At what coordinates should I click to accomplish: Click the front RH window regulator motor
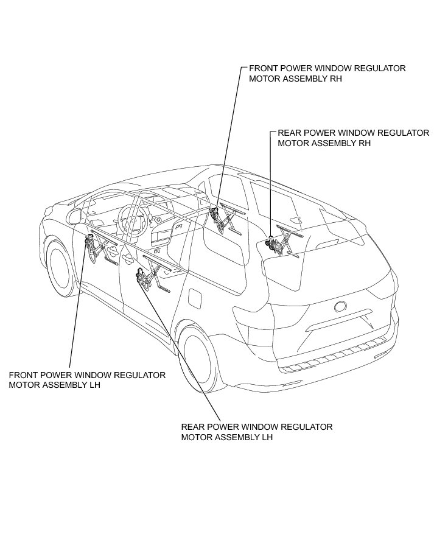[215, 214]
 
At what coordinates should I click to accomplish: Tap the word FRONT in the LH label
[23, 375]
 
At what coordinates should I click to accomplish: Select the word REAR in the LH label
[193, 427]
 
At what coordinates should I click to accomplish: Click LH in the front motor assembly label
[94, 385]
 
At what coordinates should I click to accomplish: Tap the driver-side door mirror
[76, 216]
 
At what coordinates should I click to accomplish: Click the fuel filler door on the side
[195, 299]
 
